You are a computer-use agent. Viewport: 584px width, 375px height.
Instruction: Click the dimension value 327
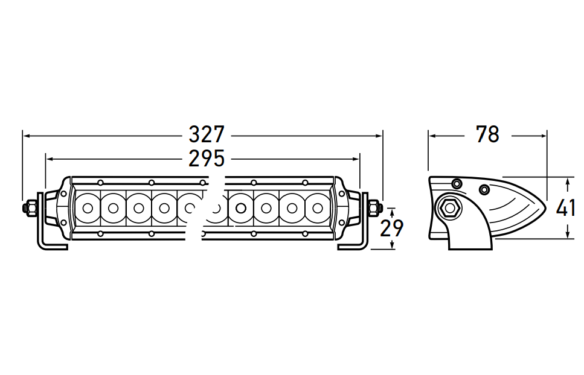[x=207, y=134]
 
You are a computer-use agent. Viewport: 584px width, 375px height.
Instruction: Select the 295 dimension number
[x=207, y=159]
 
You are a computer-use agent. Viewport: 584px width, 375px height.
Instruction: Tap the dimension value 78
[x=487, y=134]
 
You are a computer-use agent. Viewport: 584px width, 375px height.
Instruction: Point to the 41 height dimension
[x=566, y=208]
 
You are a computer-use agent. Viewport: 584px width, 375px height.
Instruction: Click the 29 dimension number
[x=391, y=228]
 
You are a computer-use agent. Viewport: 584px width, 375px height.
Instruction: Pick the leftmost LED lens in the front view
[x=88, y=208]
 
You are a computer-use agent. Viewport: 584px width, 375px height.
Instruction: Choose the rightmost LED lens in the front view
[x=318, y=208]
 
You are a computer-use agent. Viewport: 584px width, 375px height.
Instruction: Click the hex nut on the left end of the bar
[x=29, y=208]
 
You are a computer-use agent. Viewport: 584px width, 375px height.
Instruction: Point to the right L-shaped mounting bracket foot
[x=355, y=245]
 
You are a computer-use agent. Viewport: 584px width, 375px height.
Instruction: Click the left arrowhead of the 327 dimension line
[x=26, y=136]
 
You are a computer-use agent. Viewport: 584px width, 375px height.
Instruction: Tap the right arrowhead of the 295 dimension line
[x=356, y=159]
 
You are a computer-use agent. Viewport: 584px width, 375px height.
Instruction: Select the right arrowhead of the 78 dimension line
[x=543, y=136]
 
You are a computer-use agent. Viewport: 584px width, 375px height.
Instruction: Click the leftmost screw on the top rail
[x=100, y=183]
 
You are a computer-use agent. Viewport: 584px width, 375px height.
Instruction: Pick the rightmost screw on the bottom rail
[x=305, y=234]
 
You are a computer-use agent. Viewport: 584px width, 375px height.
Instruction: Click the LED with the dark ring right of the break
[x=240, y=208]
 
